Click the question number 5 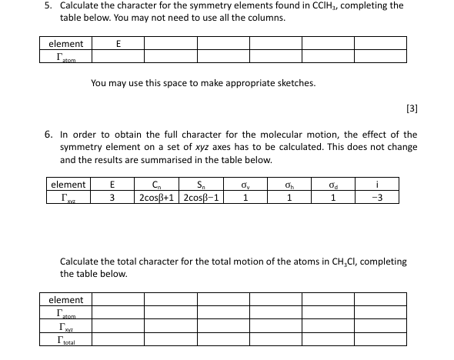[46, 5]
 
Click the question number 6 [46, 134]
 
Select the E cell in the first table [117, 44]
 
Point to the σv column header [245, 185]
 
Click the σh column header [288, 185]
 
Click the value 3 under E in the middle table [113, 198]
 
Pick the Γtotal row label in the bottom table [67, 339]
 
